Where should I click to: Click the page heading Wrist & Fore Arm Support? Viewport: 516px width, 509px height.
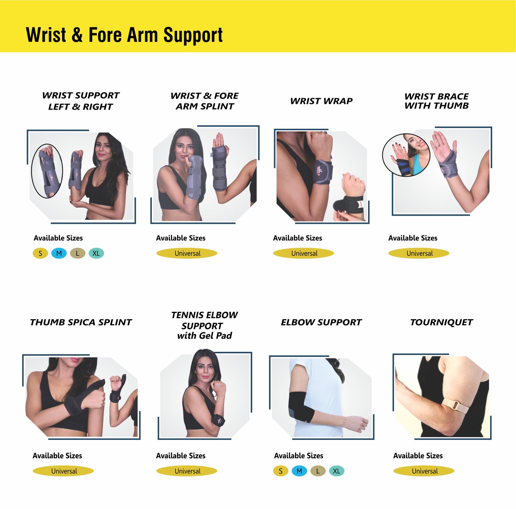(124, 35)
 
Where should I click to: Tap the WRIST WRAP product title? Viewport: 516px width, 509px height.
(321, 101)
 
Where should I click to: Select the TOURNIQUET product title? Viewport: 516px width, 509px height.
(442, 322)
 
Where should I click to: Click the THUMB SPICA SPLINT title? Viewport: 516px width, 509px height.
(81, 322)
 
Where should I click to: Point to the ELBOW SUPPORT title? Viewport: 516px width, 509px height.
(321, 322)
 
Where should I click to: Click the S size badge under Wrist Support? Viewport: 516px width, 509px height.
(40, 253)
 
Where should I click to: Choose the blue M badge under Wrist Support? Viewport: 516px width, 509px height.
(59, 253)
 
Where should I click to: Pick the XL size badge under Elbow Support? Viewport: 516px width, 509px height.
(337, 471)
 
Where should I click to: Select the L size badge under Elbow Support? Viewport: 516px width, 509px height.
(318, 471)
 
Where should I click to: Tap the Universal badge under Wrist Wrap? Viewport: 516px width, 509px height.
(304, 253)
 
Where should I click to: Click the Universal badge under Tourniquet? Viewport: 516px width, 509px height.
(424, 471)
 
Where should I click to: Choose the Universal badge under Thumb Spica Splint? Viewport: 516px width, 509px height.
(63, 471)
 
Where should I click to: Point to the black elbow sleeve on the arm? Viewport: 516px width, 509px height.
(301, 407)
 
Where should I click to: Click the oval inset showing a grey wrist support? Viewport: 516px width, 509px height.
(47, 171)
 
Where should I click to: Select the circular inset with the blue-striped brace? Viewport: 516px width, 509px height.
(406, 155)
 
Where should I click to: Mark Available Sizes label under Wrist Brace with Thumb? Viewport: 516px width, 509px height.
(413, 238)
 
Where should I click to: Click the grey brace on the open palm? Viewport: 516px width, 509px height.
(447, 164)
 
